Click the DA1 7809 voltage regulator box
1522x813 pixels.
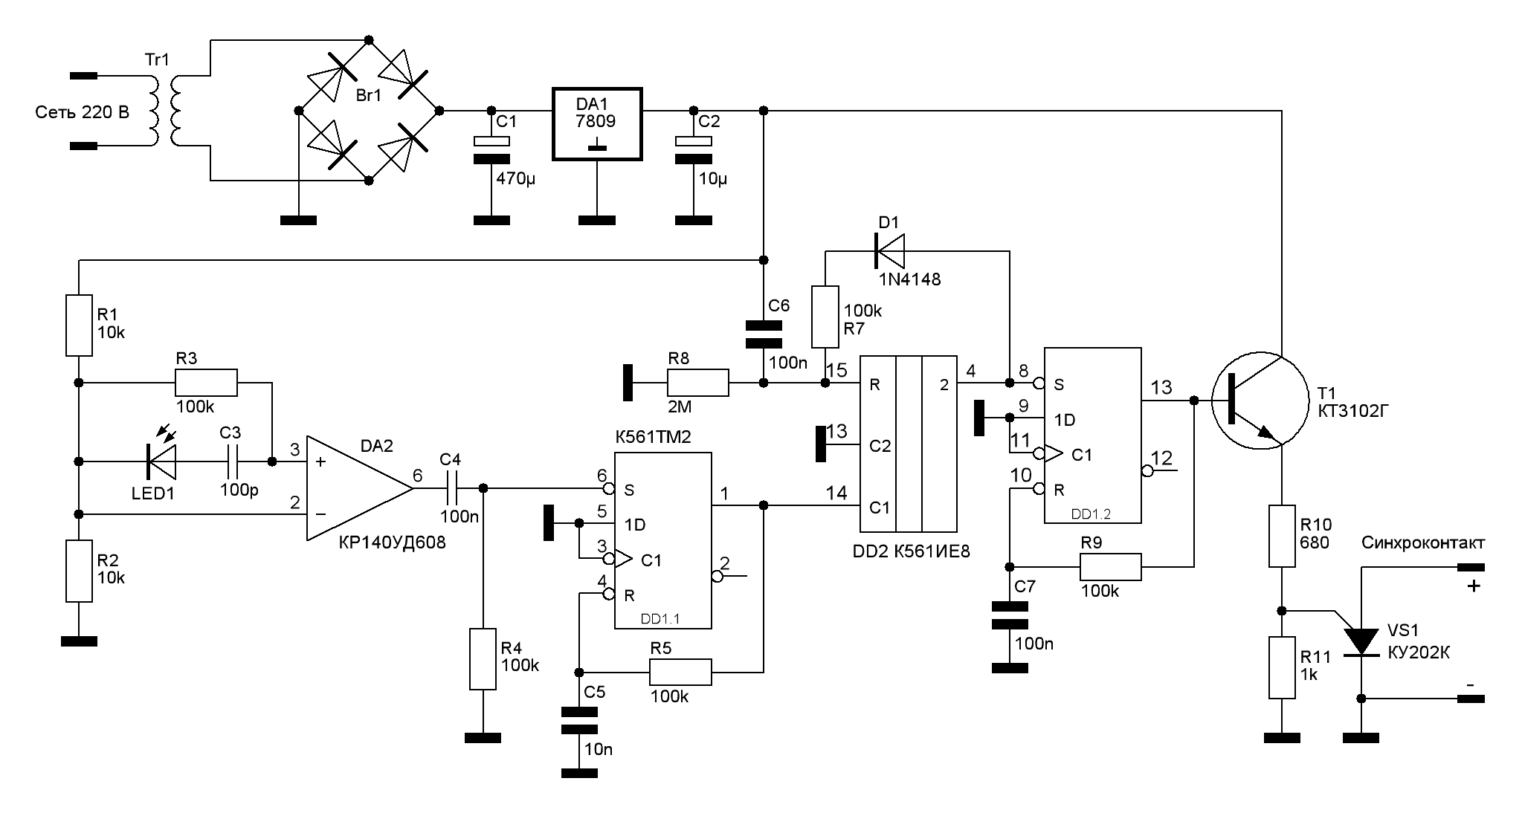[596, 124]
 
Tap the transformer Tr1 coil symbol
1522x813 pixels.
[165, 110]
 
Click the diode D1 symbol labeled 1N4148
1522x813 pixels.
[889, 251]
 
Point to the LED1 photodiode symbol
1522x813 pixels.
[161, 461]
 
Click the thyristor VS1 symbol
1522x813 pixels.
[1361, 641]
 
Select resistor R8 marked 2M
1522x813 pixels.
[698, 383]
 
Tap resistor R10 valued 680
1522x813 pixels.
[1281, 536]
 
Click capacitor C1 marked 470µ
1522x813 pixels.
[491, 149]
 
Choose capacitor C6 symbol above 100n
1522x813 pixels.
[764, 334]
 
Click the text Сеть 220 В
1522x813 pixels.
[82, 112]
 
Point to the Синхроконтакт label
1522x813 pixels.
[1422, 543]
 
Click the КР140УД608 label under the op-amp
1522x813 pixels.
[392, 542]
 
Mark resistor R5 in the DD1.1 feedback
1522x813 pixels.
[680, 672]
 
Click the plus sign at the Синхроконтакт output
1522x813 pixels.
[1473, 586]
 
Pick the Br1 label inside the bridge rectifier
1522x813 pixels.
[369, 95]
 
